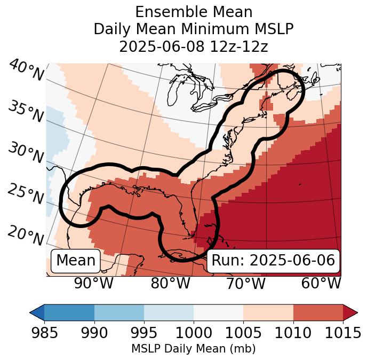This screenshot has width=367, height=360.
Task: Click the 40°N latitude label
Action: click(26, 71)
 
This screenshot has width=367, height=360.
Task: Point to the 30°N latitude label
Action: click(25, 153)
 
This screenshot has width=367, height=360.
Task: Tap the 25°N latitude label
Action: click(25, 194)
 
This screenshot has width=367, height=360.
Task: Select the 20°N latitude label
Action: click(25, 235)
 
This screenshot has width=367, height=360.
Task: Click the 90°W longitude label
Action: click(93, 283)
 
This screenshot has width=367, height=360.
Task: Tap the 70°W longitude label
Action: click(245, 283)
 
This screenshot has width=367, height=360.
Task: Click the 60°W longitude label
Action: click(321, 283)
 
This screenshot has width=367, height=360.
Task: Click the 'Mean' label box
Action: click(76, 261)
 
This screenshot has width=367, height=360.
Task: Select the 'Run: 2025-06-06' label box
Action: click(273, 261)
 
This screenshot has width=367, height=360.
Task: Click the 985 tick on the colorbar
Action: click(45, 334)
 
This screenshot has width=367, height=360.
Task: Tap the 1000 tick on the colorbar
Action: click(194, 334)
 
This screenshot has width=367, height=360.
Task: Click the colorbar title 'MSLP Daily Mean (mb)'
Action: click(193, 349)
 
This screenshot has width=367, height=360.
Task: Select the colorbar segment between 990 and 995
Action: click(119, 312)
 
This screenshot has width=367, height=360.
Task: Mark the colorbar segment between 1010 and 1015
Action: click(318, 312)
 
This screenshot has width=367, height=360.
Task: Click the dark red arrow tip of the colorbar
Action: click(351, 312)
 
